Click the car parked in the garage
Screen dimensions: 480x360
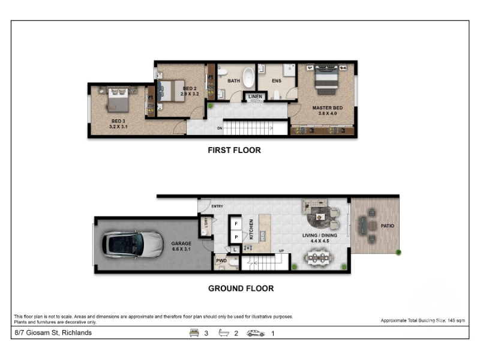click(133, 244)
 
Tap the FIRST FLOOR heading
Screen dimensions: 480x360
click(234, 151)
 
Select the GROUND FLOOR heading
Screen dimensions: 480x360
click(241, 289)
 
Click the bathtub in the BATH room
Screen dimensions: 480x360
click(248, 77)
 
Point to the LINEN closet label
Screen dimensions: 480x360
click(255, 97)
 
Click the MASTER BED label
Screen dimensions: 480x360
click(327, 108)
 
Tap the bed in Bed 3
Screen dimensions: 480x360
click(118, 99)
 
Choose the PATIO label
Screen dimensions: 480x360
click(387, 226)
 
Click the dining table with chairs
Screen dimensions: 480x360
click(319, 258)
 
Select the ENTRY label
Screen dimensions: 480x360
click(217, 206)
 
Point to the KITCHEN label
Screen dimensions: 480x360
click(251, 229)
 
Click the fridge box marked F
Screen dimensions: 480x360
click(236, 224)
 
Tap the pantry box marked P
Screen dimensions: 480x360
click(236, 237)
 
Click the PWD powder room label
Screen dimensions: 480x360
click(221, 260)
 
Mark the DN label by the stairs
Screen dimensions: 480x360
click(220, 128)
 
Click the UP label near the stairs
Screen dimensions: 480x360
click(281, 251)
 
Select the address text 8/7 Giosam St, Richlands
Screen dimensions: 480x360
click(53, 333)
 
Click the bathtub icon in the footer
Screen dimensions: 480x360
click(224, 333)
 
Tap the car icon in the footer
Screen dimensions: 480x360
click(256, 333)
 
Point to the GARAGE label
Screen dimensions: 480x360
click(181, 244)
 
